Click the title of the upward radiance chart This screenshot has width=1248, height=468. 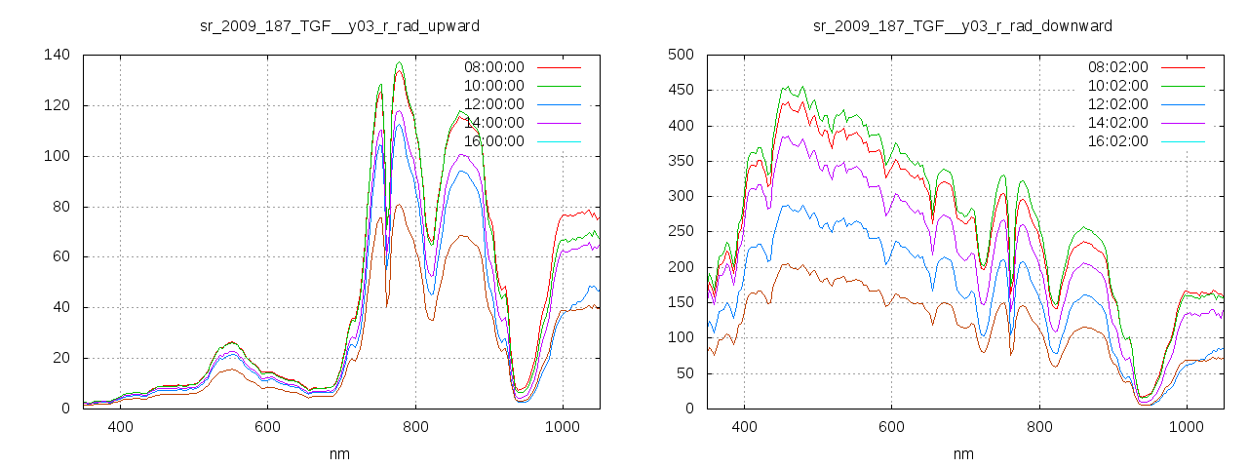[x=339, y=25]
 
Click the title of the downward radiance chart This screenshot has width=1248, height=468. [x=962, y=25]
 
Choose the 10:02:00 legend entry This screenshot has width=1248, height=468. [x=1116, y=86]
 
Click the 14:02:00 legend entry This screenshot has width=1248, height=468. [x=1116, y=123]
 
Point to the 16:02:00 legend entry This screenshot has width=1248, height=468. [x=1116, y=141]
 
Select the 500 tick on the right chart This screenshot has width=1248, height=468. [x=680, y=55]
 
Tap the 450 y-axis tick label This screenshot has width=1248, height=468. [x=680, y=91]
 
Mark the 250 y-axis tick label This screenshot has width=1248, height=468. [x=680, y=232]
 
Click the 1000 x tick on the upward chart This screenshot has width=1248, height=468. [x=562, y=427]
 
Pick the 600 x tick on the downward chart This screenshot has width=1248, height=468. [x=891, y=427]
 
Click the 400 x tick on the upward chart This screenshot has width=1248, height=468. [x=120, y=427]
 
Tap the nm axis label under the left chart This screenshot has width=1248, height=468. [x=339, y=454]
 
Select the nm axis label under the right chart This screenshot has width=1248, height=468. [x=962, y=454]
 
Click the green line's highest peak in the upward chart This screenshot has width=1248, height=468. [x=399, y=63]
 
